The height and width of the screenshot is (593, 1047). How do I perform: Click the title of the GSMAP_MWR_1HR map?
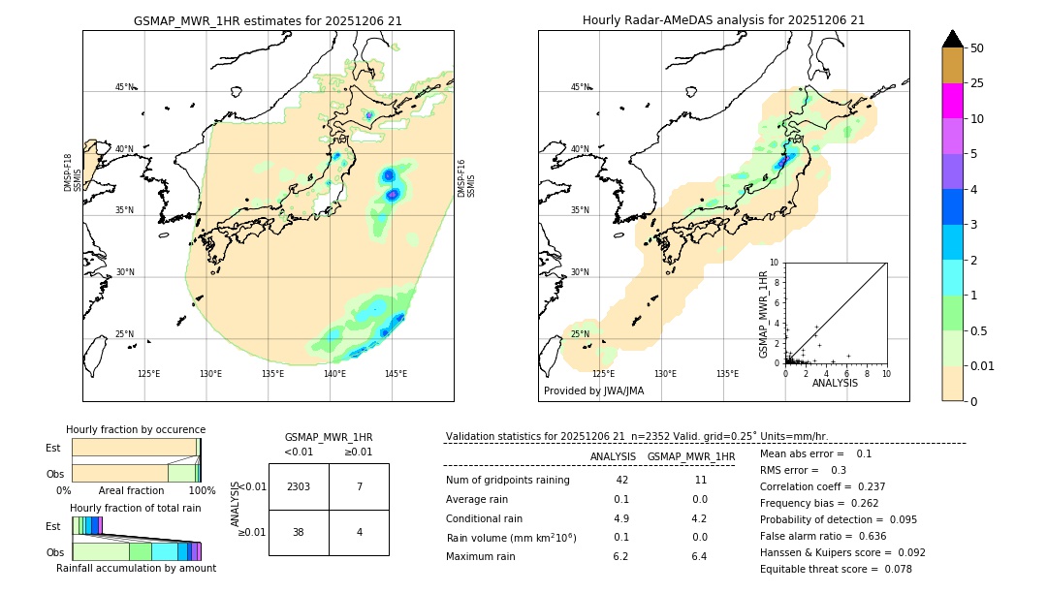tap(268, 20)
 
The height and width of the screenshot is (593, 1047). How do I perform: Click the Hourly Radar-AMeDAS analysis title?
tap(723, 20)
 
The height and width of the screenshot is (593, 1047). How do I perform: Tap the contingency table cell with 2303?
tap(299, 486)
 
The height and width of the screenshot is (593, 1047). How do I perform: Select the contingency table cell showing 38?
tap(299, 532)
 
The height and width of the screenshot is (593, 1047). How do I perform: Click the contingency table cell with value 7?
tap(359, 486)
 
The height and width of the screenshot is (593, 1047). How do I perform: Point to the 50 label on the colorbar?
tap(977, 48)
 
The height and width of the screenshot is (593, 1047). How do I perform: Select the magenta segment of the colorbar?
tap(952, 101)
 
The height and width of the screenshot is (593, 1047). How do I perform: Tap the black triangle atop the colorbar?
tap(952, 39)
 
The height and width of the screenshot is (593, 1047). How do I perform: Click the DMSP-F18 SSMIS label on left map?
tap(68, 172)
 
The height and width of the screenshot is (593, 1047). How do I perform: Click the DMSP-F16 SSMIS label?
tap(466, 178)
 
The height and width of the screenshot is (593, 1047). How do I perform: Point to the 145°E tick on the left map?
tap(396, 374)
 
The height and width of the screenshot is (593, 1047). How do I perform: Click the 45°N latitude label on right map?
tap(580, 87)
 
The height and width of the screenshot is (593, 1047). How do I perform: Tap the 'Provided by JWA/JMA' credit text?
tap(593, 391)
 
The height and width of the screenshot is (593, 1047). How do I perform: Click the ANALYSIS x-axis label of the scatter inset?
tap(835, 383)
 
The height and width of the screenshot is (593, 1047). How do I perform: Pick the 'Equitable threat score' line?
tap(836, 569)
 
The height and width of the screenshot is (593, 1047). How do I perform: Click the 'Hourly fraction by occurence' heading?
tap(136, 429)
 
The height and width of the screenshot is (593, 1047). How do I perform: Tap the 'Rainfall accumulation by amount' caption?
tap(136, 568)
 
